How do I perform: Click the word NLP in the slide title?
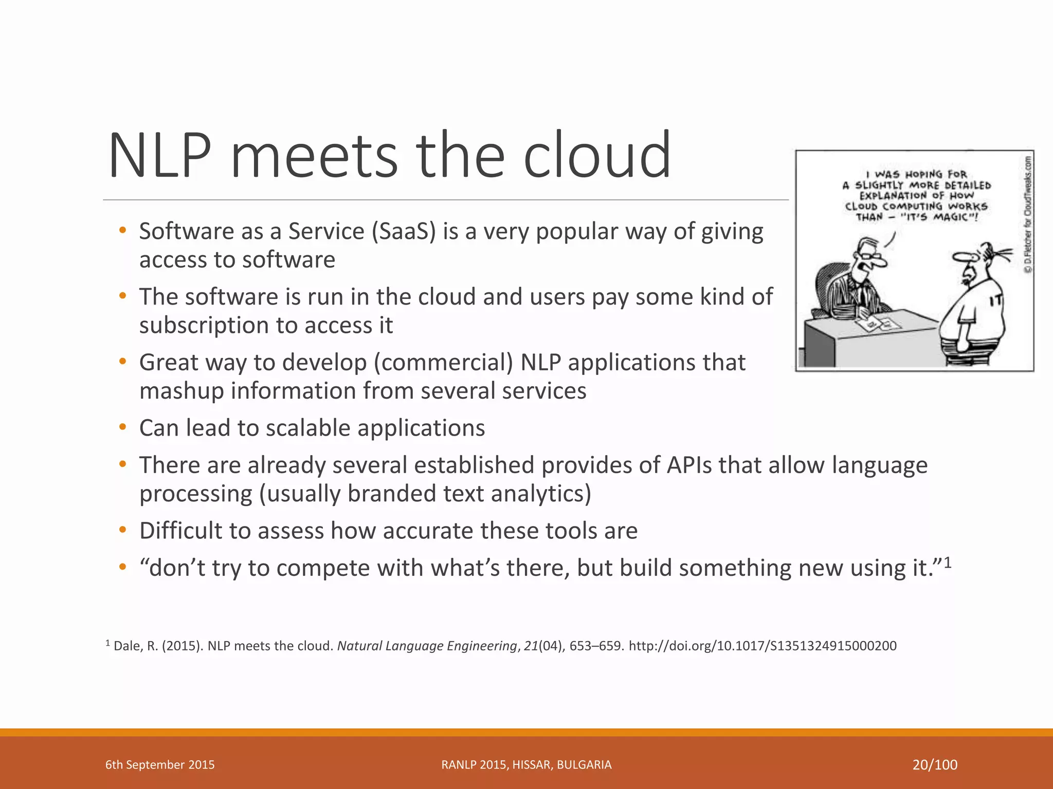coord(160,156)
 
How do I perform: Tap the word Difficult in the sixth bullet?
coord(180,531)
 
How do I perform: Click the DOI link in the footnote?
coord(762,646)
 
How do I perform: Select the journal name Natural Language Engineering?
coord(427,646)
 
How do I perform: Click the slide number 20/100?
coord(935,765)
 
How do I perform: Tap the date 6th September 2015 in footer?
coord(160,765)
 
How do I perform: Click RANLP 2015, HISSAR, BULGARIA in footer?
coord(526,765)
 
